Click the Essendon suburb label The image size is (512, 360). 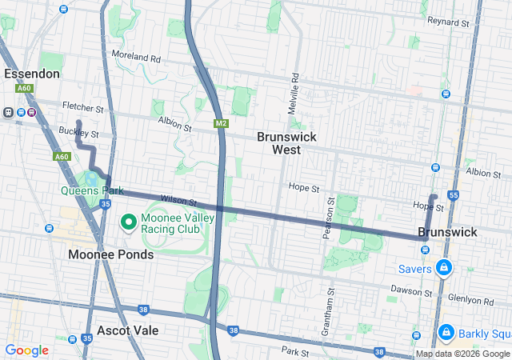click(32, 74)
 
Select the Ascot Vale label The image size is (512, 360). click(127, 330)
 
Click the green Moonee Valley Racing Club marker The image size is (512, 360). click(127, 220)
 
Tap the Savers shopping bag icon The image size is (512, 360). click(443, 267)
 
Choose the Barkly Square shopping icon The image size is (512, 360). click(446, 331)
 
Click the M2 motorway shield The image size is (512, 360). click(222, 123)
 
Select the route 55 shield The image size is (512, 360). click(454, 194)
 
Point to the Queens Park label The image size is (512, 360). click(91, 190)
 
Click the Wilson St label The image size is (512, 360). click(178, 200)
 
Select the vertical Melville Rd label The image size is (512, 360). click(294, 93)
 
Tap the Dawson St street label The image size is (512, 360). click(411, 289)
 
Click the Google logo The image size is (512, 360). click(27, 350)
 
